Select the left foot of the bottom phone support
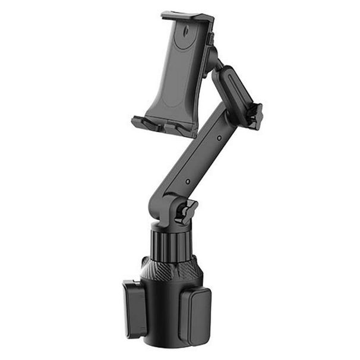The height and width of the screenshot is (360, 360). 146,124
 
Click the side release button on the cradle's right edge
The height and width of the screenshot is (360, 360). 211,40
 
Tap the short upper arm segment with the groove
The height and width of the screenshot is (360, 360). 233,89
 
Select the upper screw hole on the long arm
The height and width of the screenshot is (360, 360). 218,138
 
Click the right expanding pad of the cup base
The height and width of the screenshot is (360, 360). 194,315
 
